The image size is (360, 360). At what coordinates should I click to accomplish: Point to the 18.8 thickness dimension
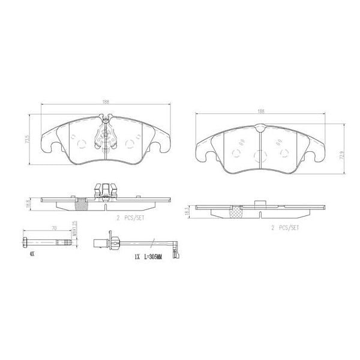28,204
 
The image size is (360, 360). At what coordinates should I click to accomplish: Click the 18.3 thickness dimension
187,211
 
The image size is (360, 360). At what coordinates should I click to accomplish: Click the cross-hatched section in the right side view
236,211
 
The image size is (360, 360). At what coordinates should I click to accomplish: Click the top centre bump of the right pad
259,127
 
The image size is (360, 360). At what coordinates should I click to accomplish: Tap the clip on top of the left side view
106,190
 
